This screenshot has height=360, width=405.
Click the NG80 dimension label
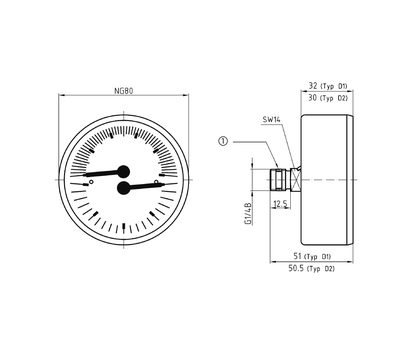coord(124,91)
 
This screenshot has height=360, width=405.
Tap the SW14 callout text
coord(271,120)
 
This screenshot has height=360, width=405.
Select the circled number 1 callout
coord(223,141)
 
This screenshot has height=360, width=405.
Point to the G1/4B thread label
coord(248,213)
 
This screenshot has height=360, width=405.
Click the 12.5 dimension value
coord(280,204)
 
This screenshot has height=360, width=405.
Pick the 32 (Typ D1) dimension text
coord(328,86)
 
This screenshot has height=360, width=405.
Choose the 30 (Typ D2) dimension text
coord(328,98)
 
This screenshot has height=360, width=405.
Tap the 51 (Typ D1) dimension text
coord(312,256)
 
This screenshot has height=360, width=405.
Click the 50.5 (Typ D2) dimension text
coord(311,268)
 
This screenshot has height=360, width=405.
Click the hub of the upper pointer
coord(124,171)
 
